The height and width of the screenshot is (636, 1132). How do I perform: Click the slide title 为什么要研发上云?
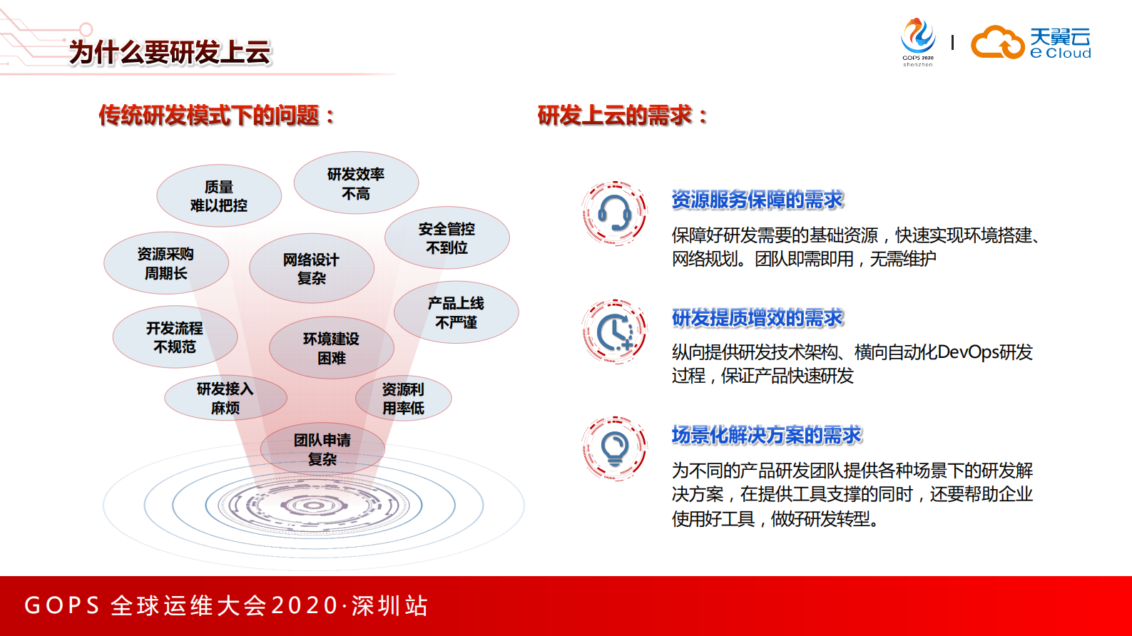(x=170, y=52)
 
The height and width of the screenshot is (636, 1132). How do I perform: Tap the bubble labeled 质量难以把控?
(x=219, y=196)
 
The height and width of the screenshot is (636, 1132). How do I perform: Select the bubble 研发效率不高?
(x=356, y=183)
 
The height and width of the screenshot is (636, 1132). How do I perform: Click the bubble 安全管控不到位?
(x=447, y=238)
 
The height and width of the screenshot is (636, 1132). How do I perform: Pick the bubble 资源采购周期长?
(x=166, y=263)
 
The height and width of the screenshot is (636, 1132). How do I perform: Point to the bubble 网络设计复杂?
(x=312, y=269)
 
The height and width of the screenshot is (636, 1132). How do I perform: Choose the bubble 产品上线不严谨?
(x=457, y=312)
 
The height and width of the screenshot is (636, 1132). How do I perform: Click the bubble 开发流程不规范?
(x=175, y=337)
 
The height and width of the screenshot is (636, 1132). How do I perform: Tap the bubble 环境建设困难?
(x=332, y=348)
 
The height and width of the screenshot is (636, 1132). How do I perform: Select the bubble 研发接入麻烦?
(x=225, y=398)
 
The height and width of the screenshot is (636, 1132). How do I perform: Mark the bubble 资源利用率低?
(x=404, y=399)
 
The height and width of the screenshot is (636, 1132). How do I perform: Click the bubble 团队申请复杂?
(x=322, y=449)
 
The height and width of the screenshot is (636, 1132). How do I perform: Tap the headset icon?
(x=614, y=213)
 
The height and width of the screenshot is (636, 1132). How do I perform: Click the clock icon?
(x=614, y=332)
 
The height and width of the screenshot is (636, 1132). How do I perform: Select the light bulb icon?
(x=614, y=449)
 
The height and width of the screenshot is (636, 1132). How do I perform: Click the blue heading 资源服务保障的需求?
(x=758, y=200)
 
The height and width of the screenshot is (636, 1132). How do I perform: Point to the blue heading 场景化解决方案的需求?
(x=767, y=435)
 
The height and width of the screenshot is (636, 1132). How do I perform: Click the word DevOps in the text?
(x=968, y=352)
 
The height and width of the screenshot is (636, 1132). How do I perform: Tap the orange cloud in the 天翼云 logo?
(x=997, y=43)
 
